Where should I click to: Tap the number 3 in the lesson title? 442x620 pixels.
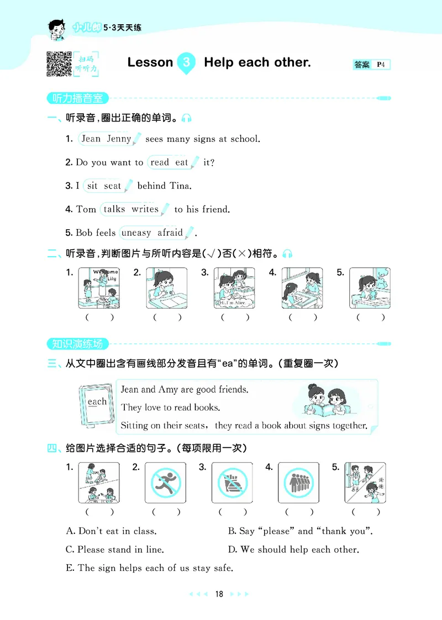[187, 62]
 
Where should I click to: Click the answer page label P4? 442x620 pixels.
[381, 65]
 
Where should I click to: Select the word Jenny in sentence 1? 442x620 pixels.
[119, 139]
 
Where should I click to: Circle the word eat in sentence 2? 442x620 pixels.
[182, 162]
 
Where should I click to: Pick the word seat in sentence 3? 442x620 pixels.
[112, 186]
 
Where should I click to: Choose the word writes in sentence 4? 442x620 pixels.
[145, 209]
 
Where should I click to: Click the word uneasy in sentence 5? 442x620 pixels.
[136, 232]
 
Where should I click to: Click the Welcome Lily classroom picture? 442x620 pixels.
[99, 288]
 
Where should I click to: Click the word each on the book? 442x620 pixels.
[97, 401]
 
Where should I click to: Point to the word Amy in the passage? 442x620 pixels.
[168, 389]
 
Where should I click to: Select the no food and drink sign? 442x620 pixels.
[231, 483]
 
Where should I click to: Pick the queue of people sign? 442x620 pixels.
[298, 483]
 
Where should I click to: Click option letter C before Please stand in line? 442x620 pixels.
[70, 549]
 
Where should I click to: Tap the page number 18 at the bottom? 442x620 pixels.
[219, 594]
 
